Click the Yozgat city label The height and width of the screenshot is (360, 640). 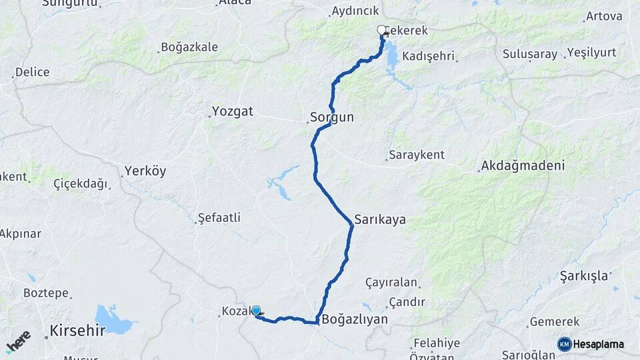pos(233,111)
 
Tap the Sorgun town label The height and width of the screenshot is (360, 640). pos(331,117)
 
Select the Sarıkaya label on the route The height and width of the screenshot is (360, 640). pos(380,219)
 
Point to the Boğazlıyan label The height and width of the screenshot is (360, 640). pos(354,319)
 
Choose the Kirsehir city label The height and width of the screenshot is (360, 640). pos(77,330)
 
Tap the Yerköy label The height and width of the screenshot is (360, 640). pos(145,171)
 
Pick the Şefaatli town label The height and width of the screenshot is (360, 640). pos(219,218)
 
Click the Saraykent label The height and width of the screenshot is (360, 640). pos(416,155)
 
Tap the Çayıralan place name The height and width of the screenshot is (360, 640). pos(391,283)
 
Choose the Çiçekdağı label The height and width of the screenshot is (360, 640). pos(81,184)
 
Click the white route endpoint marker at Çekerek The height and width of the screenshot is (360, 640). pos(382,29)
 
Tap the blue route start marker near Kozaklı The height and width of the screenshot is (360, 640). pos(256,310)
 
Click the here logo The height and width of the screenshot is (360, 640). pos(18,342)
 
